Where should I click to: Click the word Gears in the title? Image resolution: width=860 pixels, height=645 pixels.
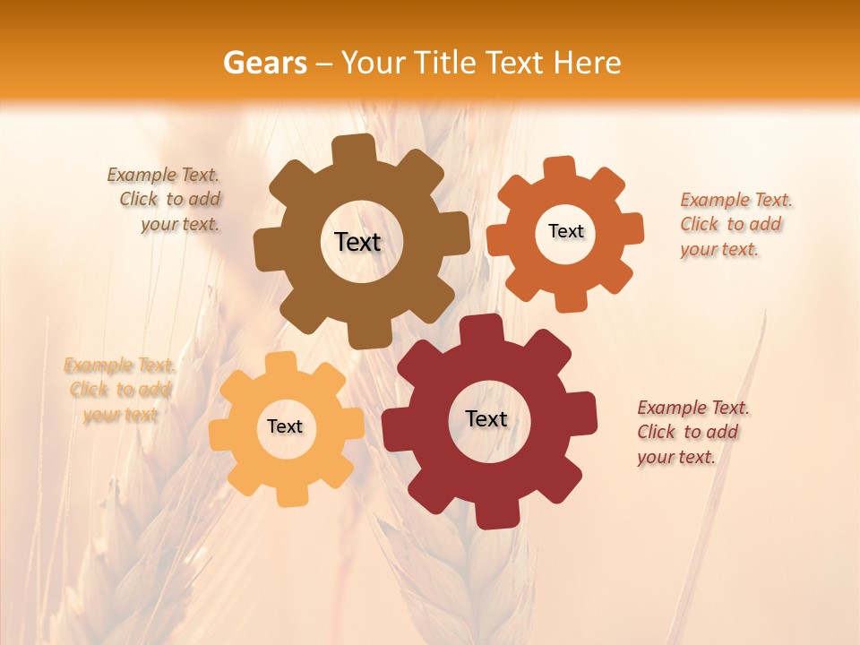pyautogui.click(x=264, y=63)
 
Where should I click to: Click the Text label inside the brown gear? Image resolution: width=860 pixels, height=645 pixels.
pyautogui.click(x=357, y=242)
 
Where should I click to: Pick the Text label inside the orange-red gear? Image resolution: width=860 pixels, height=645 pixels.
pyautogui.click(x=565, y=231)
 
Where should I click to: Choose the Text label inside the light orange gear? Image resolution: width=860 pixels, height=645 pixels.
pyautogui.click(x=285, y=426)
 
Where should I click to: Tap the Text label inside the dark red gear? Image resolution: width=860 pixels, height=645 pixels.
pyautogui.click(x=486, y=418)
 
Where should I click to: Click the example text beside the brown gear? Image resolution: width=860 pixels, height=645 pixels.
pyautogui.click(x=168, y=200)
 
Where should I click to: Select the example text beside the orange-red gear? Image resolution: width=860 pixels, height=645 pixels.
pyautogui.click(x=735, y=224)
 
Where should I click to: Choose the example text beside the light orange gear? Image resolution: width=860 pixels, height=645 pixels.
pyautogui.click(x=120, y=390)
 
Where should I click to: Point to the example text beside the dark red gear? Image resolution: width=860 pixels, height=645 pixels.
pyautogui.click(x=692, y=432)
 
